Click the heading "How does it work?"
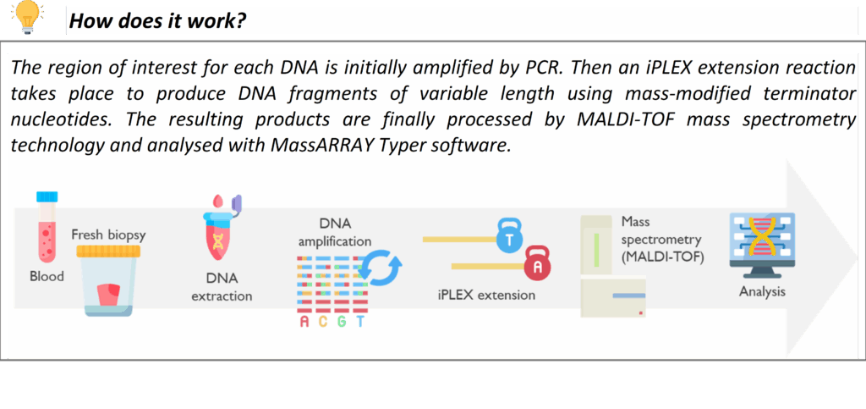click(157, 21)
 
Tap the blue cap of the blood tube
click(47, 196)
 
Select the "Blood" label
click(47, 275)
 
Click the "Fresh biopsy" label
click(108, 235)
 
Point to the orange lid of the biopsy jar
click(108, 251)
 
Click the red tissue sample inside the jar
click(108, 293)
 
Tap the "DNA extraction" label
click(222, 286)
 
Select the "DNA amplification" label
click(334, 232)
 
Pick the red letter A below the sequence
click(304, 322)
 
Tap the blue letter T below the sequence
click(360, 322)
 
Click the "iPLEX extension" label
click(486, 295)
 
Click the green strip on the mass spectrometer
click(596, 250)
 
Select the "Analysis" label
click(762, 291)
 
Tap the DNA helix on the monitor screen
click(762, 235)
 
